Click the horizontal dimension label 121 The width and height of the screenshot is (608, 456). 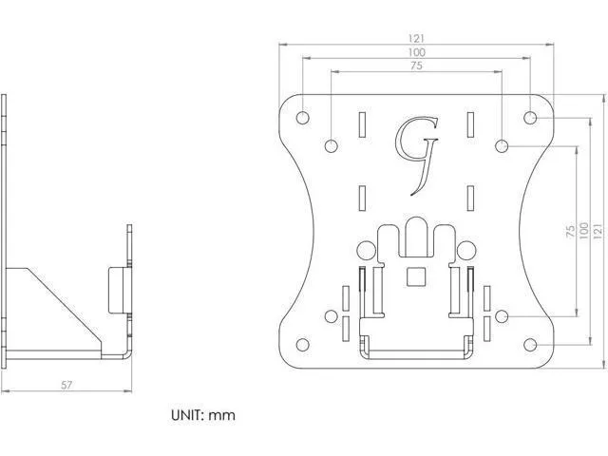pos(416,38)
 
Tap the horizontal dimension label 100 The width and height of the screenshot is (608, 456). pos(416,52)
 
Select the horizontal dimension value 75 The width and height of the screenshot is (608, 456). pos(416,66)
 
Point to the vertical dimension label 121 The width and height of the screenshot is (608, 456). pos(598,231)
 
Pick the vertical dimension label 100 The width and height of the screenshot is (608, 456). pos(583,231)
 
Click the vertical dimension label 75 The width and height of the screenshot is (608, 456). pos(570,231)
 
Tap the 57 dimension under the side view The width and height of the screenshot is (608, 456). pos(66,385)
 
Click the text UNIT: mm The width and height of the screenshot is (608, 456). pos(203,415)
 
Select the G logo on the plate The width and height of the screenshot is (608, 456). pos(416,156)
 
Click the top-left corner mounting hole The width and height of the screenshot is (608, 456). pos(302,118)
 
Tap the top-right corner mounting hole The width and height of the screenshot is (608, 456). pos(530,118)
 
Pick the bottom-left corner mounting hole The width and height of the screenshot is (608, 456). pos(302,345)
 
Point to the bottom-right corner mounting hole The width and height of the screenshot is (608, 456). pos(530,345)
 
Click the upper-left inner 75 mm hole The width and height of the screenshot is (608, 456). pos(331,146)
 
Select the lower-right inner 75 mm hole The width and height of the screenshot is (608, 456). pos(502,316)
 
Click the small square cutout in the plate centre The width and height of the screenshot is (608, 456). pos(415,276)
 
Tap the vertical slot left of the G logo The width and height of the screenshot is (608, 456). pos(362,124)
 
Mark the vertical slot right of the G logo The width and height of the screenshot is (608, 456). pos(470,124)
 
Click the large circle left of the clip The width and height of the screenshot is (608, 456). pos(366,251)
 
